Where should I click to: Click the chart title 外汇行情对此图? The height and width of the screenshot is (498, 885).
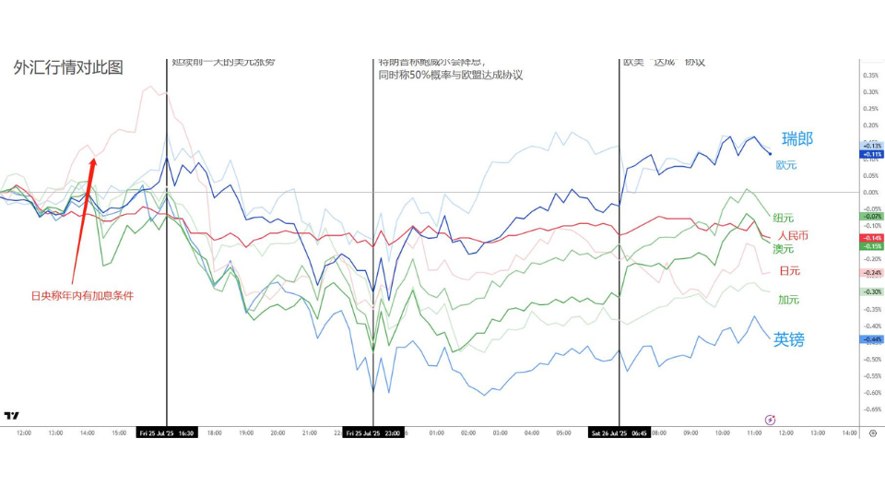(68, 67)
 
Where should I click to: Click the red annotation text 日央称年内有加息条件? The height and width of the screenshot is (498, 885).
(81, 296)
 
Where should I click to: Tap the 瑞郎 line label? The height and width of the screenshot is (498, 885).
(797, 139)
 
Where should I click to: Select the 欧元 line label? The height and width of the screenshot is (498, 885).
(785, 165)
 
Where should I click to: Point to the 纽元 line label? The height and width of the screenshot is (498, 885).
(783, 218)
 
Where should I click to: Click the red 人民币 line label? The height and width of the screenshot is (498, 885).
(793, 235)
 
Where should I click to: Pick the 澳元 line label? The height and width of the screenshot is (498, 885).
(784, 249)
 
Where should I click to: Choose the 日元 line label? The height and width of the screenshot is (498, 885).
(789, 271)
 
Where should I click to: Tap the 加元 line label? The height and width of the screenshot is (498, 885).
(788, 300)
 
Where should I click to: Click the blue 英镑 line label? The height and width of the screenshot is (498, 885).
(788, 339)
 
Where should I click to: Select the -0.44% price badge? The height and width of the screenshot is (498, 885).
(871, 339)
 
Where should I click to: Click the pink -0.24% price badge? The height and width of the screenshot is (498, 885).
(871, 273)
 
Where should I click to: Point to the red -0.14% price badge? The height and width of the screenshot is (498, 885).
(871, 238)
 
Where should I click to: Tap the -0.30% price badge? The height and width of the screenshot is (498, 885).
(871, 291)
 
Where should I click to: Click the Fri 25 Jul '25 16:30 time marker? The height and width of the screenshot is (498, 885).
(166, 432)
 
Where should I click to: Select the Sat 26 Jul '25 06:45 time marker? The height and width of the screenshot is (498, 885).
(619, 432)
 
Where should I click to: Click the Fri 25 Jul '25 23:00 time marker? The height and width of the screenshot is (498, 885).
(373, 432)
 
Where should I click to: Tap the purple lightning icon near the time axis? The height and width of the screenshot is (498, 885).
(771, 420)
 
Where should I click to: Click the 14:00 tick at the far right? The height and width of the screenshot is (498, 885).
(848, 433)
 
